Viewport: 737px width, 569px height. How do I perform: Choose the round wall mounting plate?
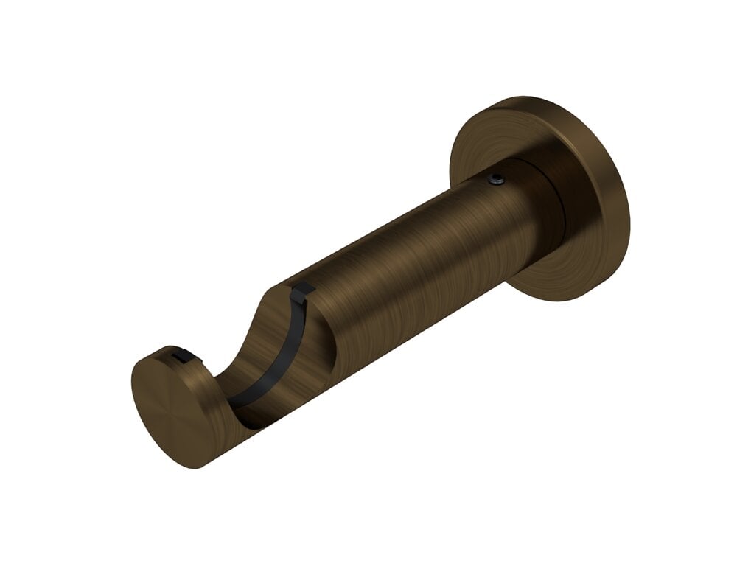click(542, 195)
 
